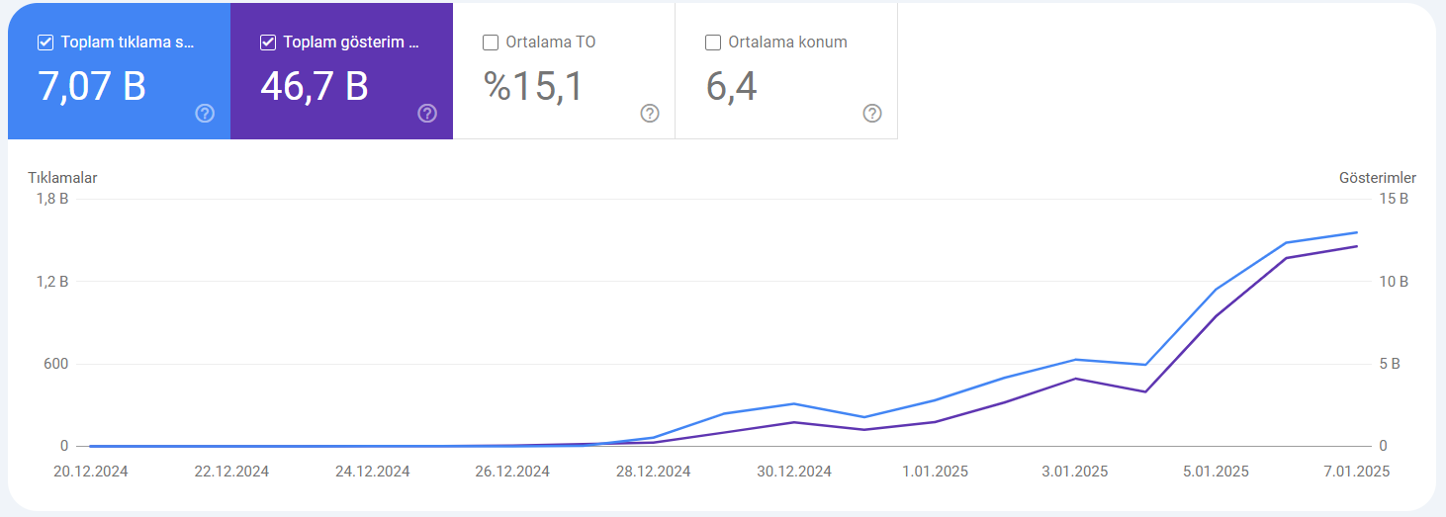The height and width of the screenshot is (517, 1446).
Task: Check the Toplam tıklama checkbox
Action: click(45, 43)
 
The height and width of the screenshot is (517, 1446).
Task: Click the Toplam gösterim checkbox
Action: click(268, 43)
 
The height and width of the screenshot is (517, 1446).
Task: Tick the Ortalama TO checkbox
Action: click(491, 43)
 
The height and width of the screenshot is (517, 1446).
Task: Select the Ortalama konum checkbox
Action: click(713, 43)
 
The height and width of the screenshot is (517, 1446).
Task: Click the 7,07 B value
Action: click(92, 86)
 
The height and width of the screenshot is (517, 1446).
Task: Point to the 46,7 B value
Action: click(315, 86)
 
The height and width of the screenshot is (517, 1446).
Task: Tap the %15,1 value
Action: click(533, 86)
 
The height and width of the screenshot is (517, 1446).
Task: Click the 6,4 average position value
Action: click(731, 86)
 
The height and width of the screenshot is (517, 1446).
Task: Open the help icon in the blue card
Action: click(205, 114)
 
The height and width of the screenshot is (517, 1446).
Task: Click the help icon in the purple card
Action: click(426, 114)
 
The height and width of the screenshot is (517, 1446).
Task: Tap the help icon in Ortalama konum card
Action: click(872, 114)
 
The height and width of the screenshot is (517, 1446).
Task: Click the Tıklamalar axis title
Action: click(62, 178)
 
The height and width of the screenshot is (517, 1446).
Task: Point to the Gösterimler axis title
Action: click(1378, 178)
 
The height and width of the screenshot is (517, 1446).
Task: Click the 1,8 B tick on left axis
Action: click(52, 199)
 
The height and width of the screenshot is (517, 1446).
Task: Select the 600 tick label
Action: click(55, 364)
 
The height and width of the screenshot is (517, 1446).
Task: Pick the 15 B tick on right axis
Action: click(1394, 199)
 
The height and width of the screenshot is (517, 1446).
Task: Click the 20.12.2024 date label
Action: click(90, 472)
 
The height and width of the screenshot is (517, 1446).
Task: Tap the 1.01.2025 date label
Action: click(935, 472)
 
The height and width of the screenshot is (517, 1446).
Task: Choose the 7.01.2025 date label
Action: click(1356, 472)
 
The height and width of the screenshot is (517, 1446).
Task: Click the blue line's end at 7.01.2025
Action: click(1357, 232)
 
